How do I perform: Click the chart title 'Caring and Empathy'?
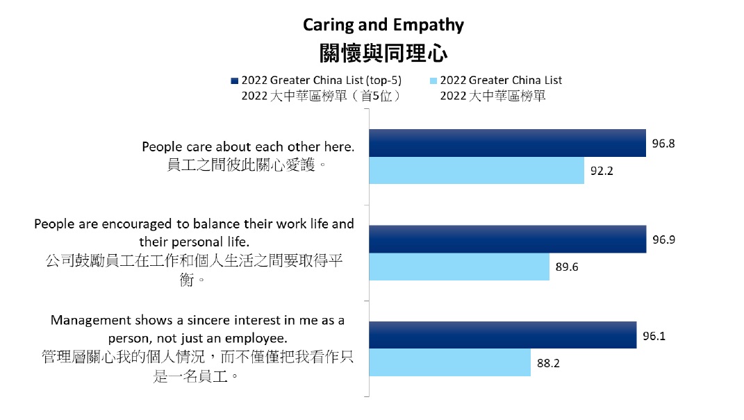click(x=383, y=26)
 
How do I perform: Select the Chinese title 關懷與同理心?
click(x=383, y=53)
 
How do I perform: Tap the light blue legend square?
click(x=433, y=80)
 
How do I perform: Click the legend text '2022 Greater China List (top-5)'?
click(x=322, y=80)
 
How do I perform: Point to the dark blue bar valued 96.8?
click(x=507, y=143)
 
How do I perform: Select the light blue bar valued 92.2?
click(x=476, y=170)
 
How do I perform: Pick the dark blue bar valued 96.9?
click(x=507, y=240)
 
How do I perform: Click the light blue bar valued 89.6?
click(x=458, y=267)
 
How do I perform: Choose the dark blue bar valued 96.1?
click(x=502, y=335)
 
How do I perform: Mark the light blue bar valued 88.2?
click(x=449, y=362)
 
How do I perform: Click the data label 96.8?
click(x=663, y=144)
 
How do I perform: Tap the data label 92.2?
click(x=602, y=171)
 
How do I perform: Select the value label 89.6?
click(x=567, y=267)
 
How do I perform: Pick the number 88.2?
click(x=548, y=362)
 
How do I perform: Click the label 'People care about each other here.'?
click(x=248, y=147)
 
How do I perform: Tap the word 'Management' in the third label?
click(x=91, y=321)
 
